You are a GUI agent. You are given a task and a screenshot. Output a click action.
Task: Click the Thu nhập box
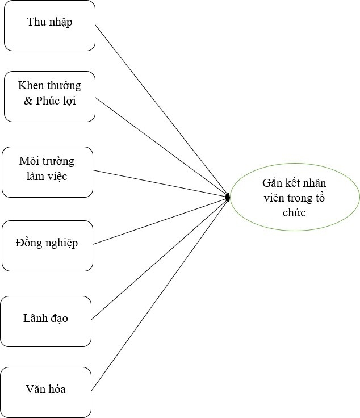click(49, 26)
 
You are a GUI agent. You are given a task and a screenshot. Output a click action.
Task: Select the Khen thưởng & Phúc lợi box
click(49, 96)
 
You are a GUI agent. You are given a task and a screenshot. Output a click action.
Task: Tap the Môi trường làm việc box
click(47, 172)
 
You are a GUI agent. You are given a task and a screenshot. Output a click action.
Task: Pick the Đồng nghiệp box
click(47, 245)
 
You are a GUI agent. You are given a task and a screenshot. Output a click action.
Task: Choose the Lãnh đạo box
click(45, 321)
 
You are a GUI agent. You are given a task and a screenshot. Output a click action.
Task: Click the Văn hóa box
click(45, 392)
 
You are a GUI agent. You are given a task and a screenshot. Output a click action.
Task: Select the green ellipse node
click(295, 197)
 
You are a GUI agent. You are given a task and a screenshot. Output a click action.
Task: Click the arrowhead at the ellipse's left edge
click(227, 197)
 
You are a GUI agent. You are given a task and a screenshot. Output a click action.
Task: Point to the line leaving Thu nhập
click(161, 111)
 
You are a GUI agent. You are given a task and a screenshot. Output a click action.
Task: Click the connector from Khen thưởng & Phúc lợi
click(161, 147)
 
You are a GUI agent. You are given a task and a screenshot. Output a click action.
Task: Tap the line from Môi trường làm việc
click(160, 183)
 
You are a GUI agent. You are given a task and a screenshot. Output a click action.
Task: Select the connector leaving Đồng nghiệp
click(160, 220)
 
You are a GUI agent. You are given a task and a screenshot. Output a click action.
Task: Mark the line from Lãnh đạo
click(159, 258)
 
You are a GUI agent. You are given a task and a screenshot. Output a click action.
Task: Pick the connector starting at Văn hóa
click(159, 294)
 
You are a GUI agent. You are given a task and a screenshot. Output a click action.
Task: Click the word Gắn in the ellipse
click(273, 183)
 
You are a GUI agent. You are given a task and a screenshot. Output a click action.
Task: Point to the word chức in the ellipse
click(294, 212)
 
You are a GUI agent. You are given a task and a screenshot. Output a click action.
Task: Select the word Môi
click(29, 161)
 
